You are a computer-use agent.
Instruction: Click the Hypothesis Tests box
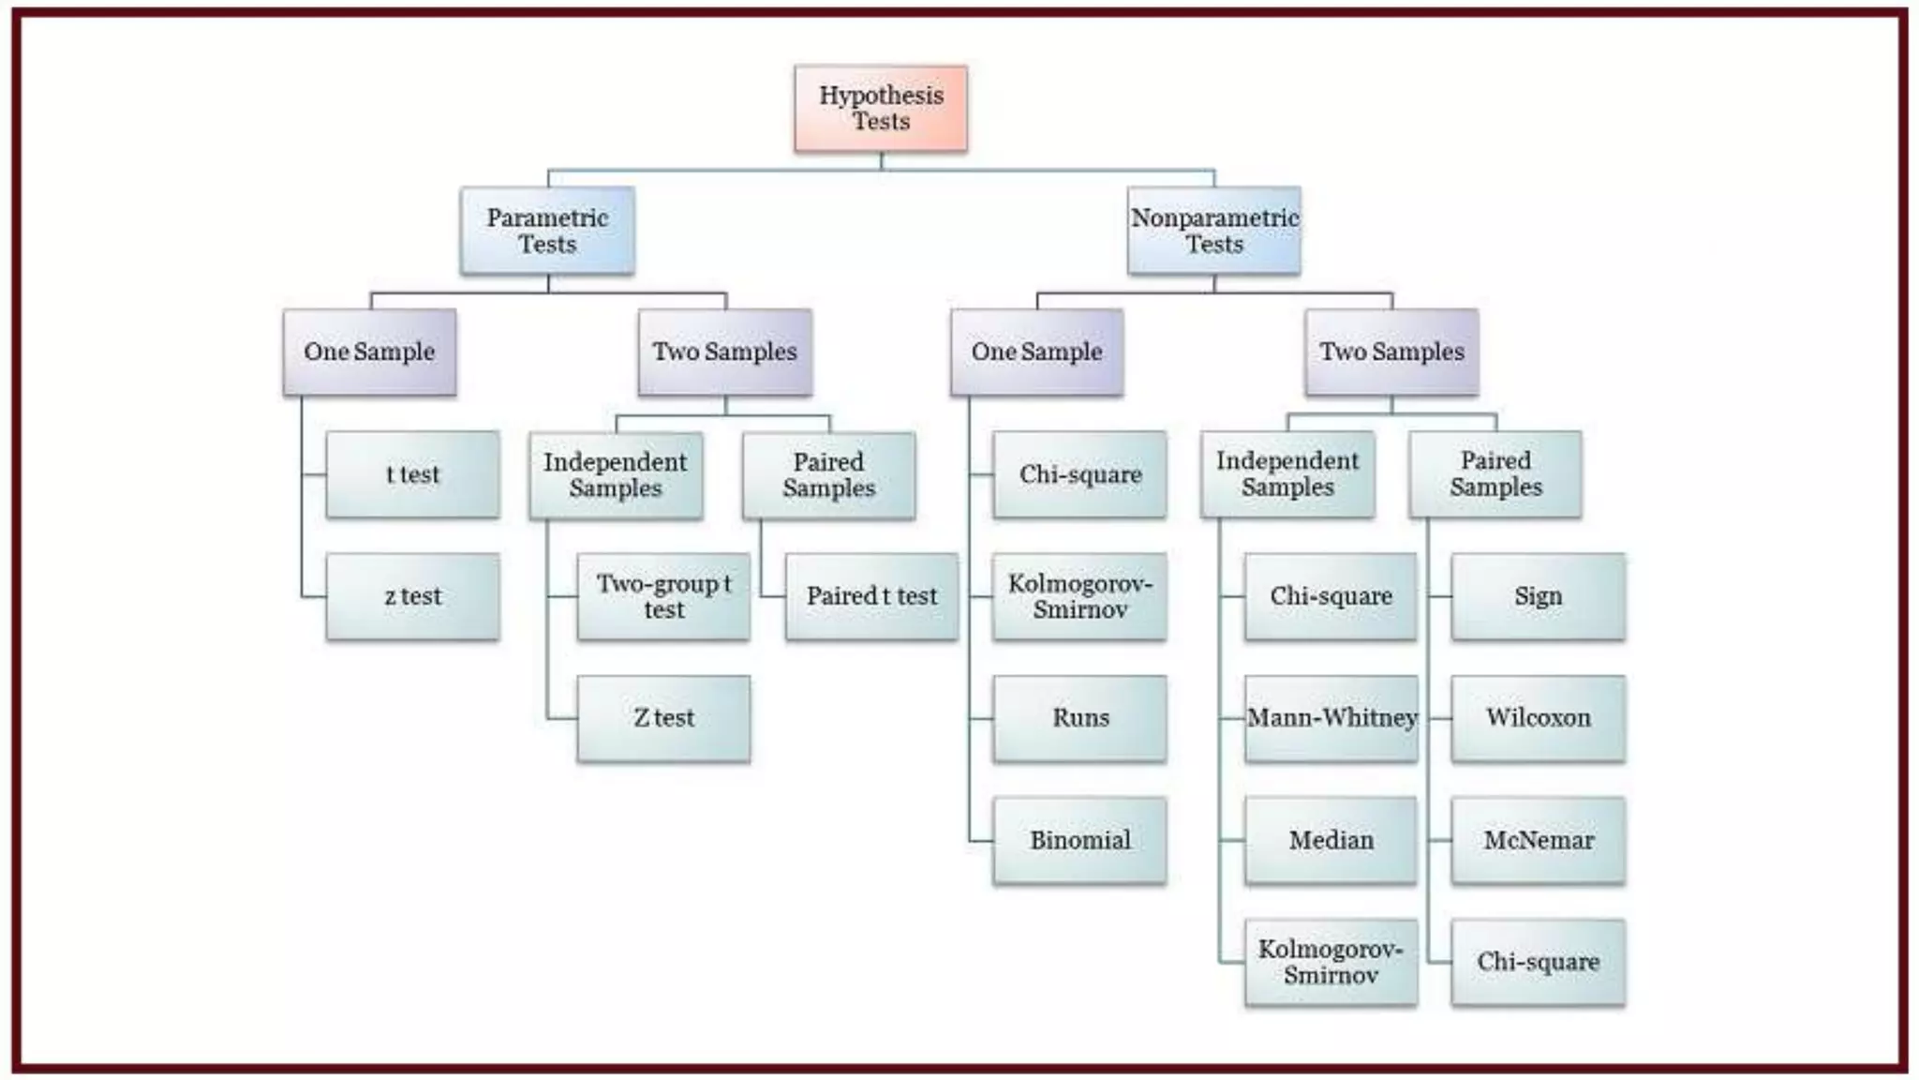(x=881, y=109)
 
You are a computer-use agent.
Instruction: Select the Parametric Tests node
(x=547, y=231)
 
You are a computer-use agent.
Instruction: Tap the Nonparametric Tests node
(x=1214, y=231)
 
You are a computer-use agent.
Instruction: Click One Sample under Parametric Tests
(x=369, y=352)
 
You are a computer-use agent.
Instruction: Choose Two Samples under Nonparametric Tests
(x=1391, y=352)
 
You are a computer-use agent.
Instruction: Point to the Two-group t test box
(x=663, y=596)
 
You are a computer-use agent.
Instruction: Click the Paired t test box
(x=871, y=596)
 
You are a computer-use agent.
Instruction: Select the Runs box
(x=1080, y=718)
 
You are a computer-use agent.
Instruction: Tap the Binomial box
(x=1080, y=840)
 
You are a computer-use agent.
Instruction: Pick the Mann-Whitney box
(x=1331, y=718)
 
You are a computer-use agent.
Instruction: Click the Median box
(x=1331, y=840)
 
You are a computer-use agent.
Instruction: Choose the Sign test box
(x=1538, y=596)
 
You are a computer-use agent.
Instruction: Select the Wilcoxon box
(x=1538, y=718)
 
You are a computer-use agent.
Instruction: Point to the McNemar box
(x=1538, y=840)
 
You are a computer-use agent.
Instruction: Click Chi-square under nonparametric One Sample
(x=1080, y=474)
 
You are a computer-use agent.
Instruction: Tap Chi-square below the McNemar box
(x=1538, y=962)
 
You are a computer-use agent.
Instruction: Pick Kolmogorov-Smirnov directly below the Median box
(x=1331, y=962)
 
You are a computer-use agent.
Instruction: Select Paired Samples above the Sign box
(x=1495, y=474)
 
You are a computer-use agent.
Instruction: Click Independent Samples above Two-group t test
(x=616, y=475)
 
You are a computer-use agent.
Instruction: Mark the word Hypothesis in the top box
(x=881, y=96)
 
